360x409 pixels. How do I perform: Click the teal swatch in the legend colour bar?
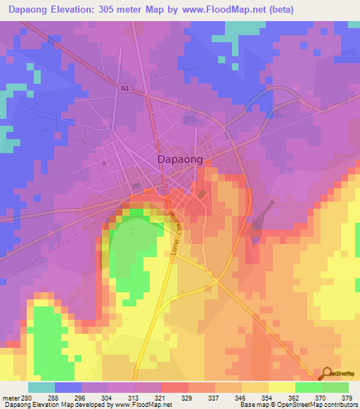pos(41,387)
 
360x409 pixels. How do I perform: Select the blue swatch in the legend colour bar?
pos(68,387)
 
